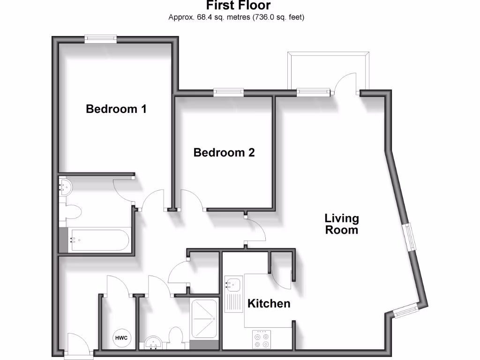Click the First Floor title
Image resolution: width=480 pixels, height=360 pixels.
pos(239,6)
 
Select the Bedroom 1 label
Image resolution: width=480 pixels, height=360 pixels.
pos(116,109)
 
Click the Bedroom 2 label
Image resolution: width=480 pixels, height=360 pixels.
pos(224,152)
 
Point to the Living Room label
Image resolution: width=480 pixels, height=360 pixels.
pos(342,224)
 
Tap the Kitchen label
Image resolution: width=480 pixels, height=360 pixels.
pos(269,304)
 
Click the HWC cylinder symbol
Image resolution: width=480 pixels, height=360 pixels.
pos(122,337)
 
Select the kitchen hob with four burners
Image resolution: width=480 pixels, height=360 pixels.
pos(262,339)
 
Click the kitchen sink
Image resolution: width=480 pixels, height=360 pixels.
pos(232,284)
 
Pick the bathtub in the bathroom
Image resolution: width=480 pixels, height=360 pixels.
pos(98,240)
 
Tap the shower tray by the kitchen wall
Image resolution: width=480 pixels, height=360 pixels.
pos(204,319)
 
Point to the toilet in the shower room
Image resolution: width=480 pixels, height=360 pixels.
pos(176,338)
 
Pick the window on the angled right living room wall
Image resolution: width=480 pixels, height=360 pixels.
pos(411,237)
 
